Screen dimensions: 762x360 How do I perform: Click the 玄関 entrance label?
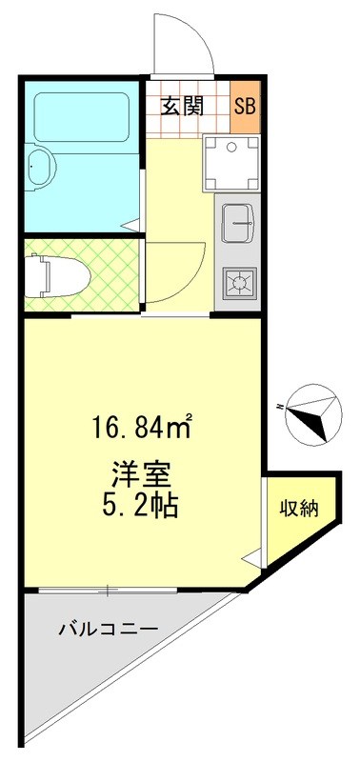[x=182, y=105]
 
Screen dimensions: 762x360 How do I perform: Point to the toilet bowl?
[x=66, y=275]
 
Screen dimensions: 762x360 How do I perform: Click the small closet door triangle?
[x=251, y=560]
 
